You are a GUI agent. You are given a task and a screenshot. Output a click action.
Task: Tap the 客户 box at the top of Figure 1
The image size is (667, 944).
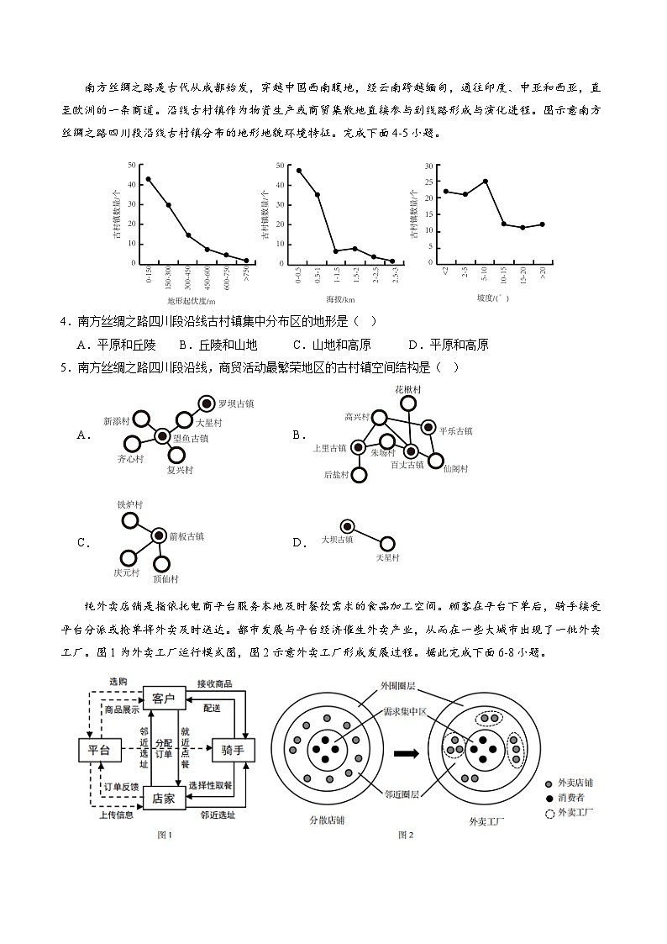[x=164, y=699]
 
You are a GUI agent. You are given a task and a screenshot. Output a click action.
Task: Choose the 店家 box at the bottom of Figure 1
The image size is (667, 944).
[x=164, y=799]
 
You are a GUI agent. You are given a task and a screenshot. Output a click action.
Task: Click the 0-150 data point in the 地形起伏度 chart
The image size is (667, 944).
[x=149, y=179]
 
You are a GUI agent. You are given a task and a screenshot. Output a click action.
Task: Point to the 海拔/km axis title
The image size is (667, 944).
[x=344, y=298]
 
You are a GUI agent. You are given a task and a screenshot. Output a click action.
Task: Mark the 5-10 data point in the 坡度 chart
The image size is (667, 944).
[x=485, y=182]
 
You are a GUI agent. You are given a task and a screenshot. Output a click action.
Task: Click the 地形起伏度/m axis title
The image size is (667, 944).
[x=191, y=300]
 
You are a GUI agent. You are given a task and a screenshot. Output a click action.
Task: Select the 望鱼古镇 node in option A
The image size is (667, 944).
[x=162, y=435]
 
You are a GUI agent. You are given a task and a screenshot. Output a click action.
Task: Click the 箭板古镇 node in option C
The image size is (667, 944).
[x=158, y=535]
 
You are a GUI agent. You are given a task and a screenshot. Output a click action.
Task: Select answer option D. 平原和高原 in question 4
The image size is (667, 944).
[x=448, y=345]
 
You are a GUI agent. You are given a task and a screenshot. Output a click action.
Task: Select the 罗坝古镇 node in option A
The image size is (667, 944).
[x=206, y=403]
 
